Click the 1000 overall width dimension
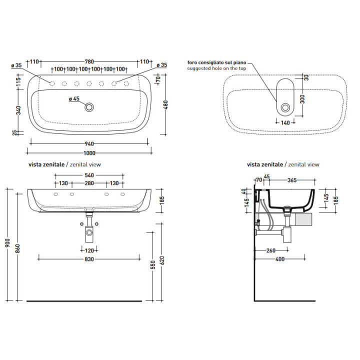tap(89, 153)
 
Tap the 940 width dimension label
tap(89, 144)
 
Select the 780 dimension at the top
tap(89, 62)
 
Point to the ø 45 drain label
tap(74, 98)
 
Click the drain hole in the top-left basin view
tap(89, 107)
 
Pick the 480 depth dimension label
tap(165, 104)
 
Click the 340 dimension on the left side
tap(18, 110)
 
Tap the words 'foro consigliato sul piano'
tap(216, 62)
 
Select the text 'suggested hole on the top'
tap(216, 68)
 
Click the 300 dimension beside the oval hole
tap(302, 99)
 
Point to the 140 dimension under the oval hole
tap(285, 123)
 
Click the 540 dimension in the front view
tap(89, 175)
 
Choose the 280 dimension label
tap(89, 183)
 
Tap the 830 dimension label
tap(89, 259)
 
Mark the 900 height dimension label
tap(8, 243)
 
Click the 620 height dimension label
tap(162, 260)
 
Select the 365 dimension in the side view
tap(292, 180)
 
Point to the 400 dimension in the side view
tap(280, 259)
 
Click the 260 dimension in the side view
tap(271, 250)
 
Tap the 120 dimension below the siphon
tap(89, 250)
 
